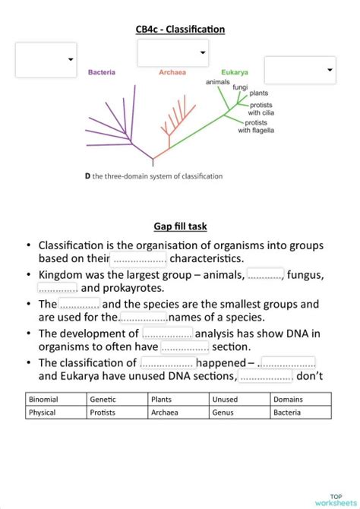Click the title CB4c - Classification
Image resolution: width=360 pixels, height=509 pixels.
click(180, 29)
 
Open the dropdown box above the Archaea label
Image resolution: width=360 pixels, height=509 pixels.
click(173, 52)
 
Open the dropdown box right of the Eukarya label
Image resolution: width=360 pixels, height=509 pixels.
click(300, 70)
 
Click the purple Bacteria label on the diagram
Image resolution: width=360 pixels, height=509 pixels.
click(102, 73)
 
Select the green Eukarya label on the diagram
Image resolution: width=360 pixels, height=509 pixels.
click(235, 73)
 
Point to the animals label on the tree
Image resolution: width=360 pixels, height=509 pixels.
click(218, 81)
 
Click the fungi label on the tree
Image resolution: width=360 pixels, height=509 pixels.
click(240, 87)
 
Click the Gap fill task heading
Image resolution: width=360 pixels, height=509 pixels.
click(180, 226)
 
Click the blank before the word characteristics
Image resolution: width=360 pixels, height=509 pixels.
click(139, 259)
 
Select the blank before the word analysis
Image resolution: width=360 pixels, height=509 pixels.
click(167, 334)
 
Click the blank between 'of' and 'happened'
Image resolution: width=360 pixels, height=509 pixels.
click(166, 362)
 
